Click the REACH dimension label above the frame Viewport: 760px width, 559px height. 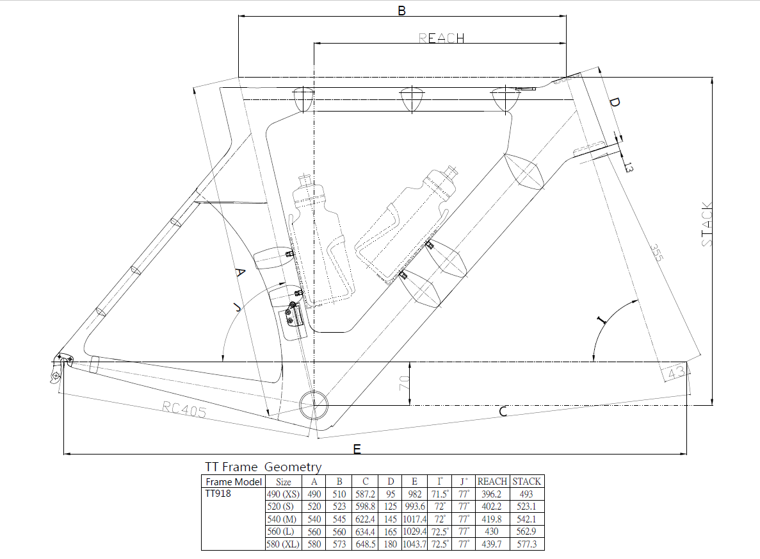(x=442, y=38)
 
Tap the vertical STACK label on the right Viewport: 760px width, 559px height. (x=707, y=224)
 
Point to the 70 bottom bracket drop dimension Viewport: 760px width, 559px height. (x=404, y=383)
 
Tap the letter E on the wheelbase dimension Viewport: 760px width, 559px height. (x=357, y=449)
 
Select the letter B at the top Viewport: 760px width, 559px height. (x=401, y=10)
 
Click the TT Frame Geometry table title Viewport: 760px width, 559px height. (x=263, y=467)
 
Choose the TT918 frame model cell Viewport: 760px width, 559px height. (x=218, y=494)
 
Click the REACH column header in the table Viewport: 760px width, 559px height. (x=492, y=481)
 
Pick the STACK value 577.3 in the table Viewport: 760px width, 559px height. (x=527, y=544)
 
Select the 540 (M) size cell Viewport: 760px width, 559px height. (x=283, y=519)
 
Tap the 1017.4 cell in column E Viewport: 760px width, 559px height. (x=415, y=519)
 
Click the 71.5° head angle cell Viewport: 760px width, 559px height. (x=441, y=494)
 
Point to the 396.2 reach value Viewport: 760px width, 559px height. (x=492, y=494)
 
